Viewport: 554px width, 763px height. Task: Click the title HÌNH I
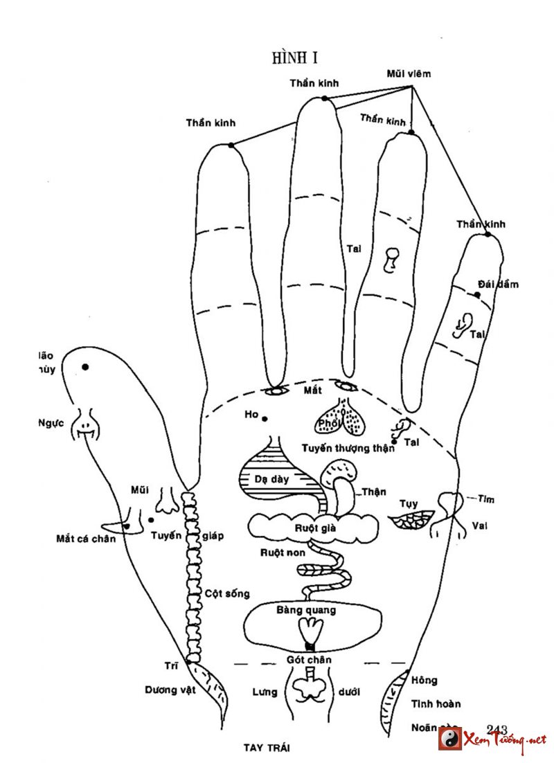[295, 57]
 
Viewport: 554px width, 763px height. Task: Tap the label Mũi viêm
[408, 74]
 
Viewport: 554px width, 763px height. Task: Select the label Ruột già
[315, 528]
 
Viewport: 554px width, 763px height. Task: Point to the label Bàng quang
[306, 610]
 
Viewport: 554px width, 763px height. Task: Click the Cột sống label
[227, 593]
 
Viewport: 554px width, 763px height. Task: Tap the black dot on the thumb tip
[86, 367]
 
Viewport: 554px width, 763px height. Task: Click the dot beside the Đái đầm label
[477, 295]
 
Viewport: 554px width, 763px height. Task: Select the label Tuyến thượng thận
[348, 448]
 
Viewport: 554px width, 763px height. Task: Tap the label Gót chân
[309, 660]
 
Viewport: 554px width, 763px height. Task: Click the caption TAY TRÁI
[267, 748]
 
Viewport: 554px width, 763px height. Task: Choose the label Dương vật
[170, 690]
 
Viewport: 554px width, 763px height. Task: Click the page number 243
[497, 729]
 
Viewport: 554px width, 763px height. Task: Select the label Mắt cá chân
[87, 539]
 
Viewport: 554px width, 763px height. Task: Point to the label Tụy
[409, 503]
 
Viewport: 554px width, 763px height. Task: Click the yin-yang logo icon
[450, 738]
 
